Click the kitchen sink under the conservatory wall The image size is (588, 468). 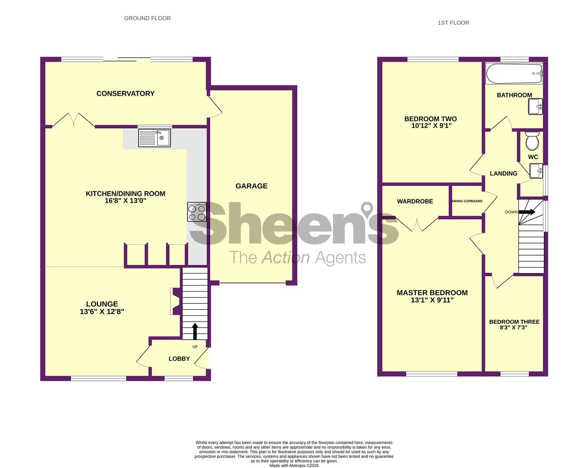(154, 138)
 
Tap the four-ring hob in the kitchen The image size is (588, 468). (197, 212)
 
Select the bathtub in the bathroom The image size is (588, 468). (514, 74)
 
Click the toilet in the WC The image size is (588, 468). (532, 140)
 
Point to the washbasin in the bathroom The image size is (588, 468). (535, 106)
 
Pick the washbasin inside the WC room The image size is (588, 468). (536, 171)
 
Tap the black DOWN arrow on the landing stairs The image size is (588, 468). (527, 212)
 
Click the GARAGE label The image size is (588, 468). (251, 186)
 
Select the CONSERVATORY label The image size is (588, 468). (125, 94)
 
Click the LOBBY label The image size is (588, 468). (179, 359)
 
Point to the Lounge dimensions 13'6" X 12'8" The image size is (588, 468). (102, 312)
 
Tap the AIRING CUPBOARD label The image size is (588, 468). (467, 201)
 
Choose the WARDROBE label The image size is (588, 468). (415, 201)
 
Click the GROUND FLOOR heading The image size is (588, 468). (147, 18)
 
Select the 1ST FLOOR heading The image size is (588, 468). (453, 23)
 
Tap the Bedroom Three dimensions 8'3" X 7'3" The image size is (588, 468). (514, 328)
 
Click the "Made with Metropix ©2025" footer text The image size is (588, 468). (294, 466)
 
